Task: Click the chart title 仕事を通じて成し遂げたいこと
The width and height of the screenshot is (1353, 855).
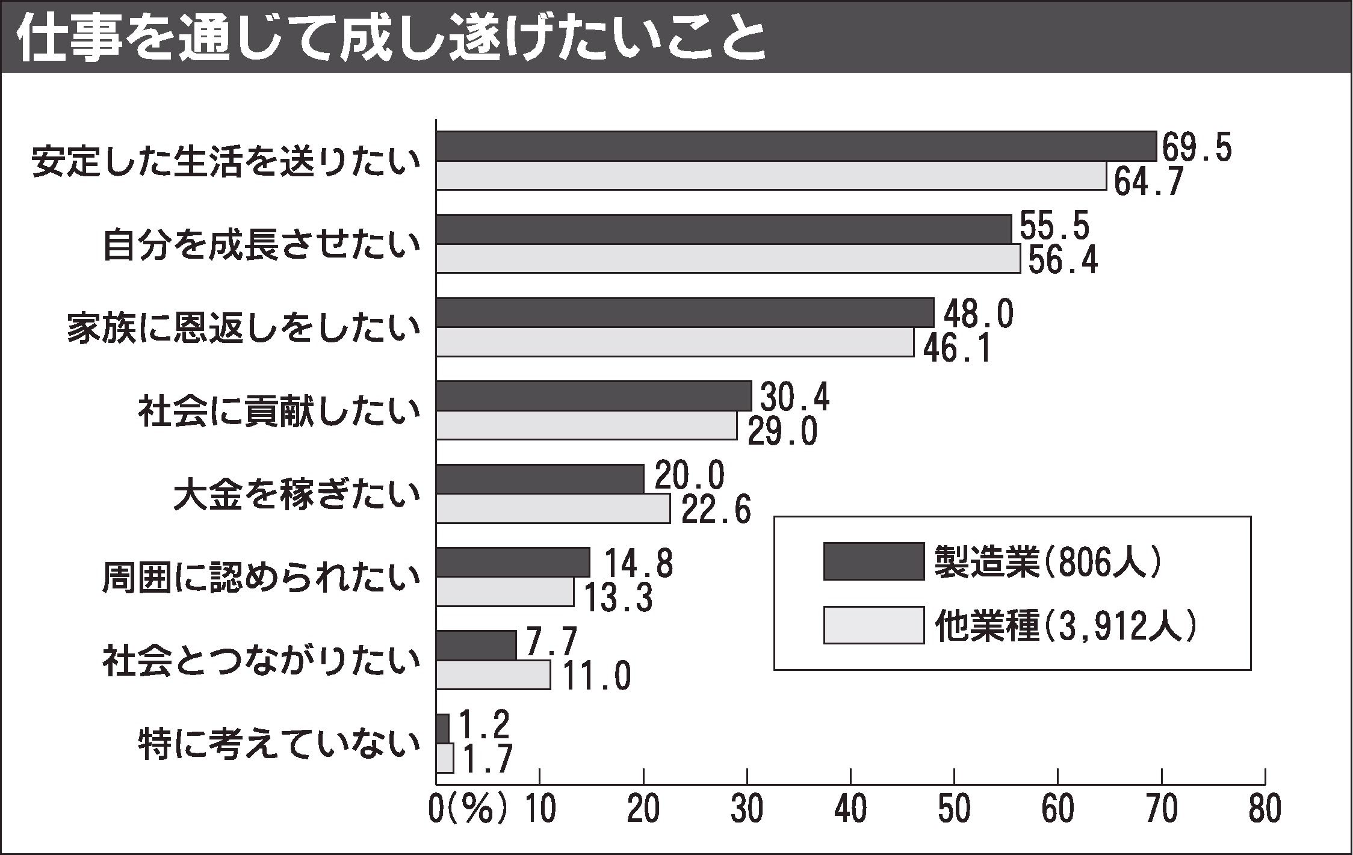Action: coord(391,37)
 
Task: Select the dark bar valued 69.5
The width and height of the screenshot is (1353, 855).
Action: coord(796,146)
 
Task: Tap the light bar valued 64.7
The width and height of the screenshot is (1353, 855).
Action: coord(770,176)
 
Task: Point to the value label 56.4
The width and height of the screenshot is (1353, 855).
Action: coord(1063,260)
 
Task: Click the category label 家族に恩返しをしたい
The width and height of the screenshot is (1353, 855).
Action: coord(243,329)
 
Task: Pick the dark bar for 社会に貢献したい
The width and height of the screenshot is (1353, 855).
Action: coord(593,396)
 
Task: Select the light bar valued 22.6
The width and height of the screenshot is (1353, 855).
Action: coord(553,508)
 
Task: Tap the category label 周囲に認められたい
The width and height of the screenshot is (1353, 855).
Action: coord(260,579)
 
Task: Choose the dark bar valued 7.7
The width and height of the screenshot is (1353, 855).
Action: coord(475,646)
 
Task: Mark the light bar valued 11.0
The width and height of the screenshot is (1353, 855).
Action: coord(492,674)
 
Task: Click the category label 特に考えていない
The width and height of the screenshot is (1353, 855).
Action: coord(278,745)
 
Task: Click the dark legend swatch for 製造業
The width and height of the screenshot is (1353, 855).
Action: coord(873,561)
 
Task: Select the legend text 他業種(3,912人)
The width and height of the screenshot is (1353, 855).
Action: coord(1065,626)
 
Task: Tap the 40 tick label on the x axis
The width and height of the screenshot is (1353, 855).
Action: coord(850,810)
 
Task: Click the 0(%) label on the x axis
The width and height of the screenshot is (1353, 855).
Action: coord(468,810)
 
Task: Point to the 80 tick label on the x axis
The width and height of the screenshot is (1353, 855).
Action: coord(1265,810)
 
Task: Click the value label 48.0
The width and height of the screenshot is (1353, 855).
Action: coord(978,315)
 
